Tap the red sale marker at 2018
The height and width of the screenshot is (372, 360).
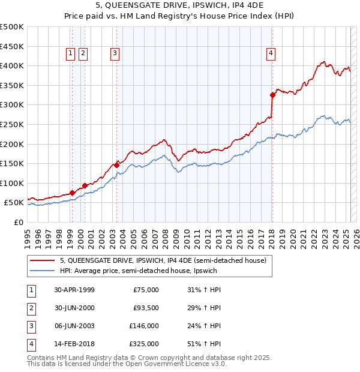[x=272, y=95]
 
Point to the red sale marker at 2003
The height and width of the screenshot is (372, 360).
[x=116, y=164]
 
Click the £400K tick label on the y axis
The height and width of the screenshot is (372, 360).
[x=12, y=65]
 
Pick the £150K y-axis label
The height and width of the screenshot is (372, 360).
[x=12, y=163]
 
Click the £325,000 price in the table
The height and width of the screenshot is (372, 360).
[x=143, y=344]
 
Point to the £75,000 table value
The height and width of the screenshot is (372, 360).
[x=146, y=290]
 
